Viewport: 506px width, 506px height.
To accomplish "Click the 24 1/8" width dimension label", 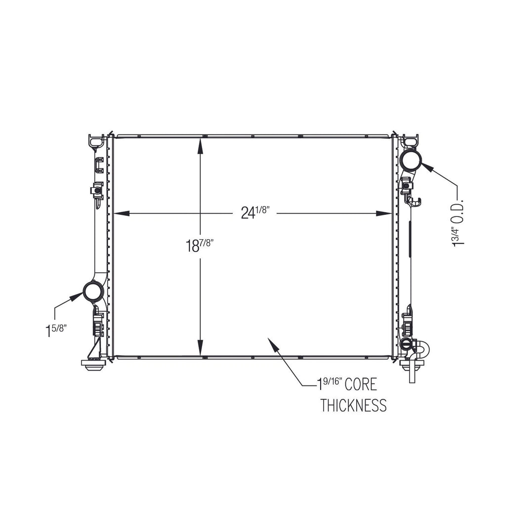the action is click(x=255, y=212).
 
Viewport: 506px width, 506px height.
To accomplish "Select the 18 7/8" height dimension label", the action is click(x=200, y=245).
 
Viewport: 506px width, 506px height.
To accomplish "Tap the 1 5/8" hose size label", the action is click(x=56, y=331).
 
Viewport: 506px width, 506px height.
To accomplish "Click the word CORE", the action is click(x=360, y=384).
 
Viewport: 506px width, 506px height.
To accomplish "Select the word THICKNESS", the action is click(x=353, y=405).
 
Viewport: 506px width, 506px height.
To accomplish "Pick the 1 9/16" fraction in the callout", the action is click(x=329, y=384).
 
